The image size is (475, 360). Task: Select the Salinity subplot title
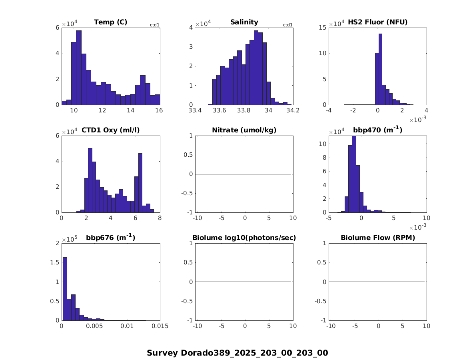click(x=244, y=22)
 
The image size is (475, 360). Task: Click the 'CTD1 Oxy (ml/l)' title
click(x=110, y=130)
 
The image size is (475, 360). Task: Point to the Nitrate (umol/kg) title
click(x=244, y=130)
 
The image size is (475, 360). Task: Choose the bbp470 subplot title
click(x=377, y=130)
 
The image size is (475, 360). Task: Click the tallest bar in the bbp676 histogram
click(x=65, y=288)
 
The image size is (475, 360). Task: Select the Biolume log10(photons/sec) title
click(x=244, y=238)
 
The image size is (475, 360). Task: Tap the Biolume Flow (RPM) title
click(x=377, y=238)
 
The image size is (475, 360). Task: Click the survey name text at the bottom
click(x=237, y=353)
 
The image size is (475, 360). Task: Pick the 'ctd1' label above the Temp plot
click(x=155, y=25)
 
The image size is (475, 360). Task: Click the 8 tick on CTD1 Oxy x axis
click(x=160, y=218)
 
